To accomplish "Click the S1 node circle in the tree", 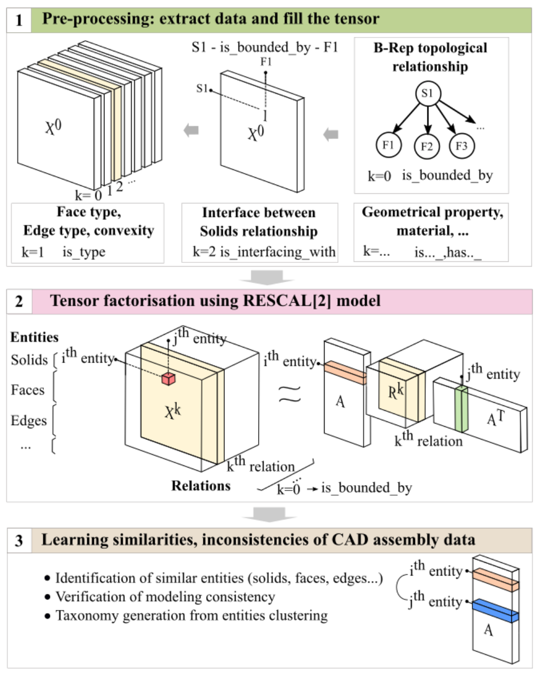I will point(427,94).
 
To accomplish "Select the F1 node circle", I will point(388,145).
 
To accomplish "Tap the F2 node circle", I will point(426,146).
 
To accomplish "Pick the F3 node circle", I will point(461,146).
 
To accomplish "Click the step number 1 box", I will point(19,20).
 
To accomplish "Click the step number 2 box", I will point(19,301).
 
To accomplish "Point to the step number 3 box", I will point(19,540).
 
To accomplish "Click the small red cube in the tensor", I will point(168,379).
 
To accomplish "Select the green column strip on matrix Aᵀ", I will point(461,408).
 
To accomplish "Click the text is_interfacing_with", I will point(277,252).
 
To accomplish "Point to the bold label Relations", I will point(201,486).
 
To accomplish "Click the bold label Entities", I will point(34,337).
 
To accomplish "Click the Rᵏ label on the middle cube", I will point(396,392).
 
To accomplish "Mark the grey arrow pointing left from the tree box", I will point(331,134).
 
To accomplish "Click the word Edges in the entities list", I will point(29,421).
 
